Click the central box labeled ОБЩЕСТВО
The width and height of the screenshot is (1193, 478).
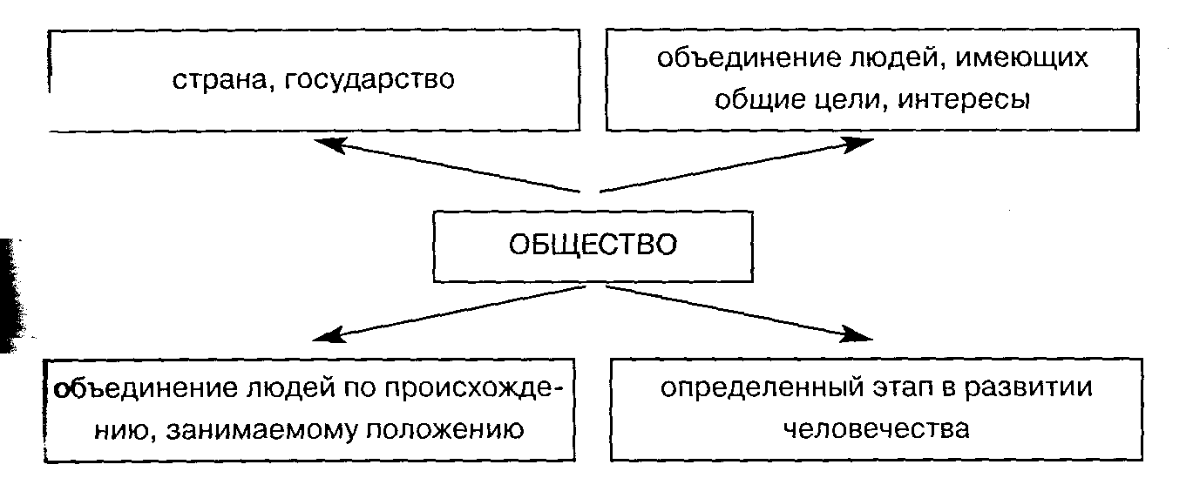(x=593, y=245)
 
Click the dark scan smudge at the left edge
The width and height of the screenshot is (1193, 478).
(x=12, y=296)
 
